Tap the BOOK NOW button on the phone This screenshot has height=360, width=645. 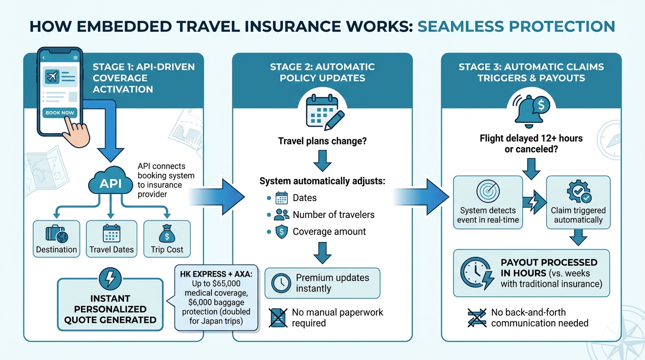point(60,113)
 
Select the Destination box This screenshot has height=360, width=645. point(57,239)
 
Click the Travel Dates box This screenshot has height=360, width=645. point(112,239)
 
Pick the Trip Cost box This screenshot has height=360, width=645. point(167,239)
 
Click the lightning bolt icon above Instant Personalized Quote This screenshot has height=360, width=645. point(110,279)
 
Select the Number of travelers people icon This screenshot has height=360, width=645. point(282,215)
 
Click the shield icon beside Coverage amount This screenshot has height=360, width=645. point(282,232)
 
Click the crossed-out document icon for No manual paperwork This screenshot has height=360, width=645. point(278,317)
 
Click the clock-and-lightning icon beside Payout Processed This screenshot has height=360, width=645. point(477,273)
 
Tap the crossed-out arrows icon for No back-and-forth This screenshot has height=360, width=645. point(477,317)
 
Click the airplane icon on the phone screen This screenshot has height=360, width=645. point(52,76)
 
